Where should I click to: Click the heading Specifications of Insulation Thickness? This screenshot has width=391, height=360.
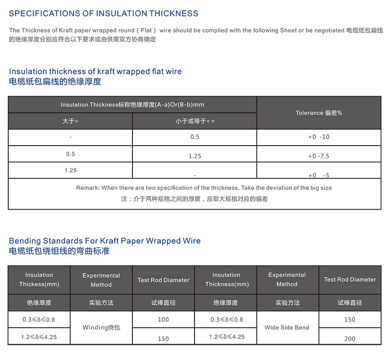pyautogui.click(x=104, y=14)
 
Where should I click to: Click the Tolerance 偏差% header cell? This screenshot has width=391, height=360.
pyautogui.click(x=319, y=113)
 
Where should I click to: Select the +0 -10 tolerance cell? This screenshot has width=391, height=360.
pyautogui.click(x=319, y=137)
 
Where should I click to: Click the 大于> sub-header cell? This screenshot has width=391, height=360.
pyautogui.click(x=70, y=121)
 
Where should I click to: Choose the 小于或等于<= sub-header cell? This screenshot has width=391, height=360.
pyautogui.click(x=195, y=121)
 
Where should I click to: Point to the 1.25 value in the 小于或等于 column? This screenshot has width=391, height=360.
pyautogui.click(x=195, y=156)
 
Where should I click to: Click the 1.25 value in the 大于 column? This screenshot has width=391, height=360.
pyautogui.click(x=70, y=170)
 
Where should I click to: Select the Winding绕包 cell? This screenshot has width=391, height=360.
pyautogui.click(x=101, y=327)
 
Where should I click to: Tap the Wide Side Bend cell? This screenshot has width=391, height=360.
pyautogui.click(x=287, y=327)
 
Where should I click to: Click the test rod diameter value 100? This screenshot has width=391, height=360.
pyautogui.click(x=163, y=319)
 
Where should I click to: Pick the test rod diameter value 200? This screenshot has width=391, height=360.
pyautogui.click(x=349, y=339)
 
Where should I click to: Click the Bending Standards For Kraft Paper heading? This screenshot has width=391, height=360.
pyautogui.click(x=105, y=241)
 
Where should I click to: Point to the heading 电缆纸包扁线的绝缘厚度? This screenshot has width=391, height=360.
pyautogui.click(x=55, y=82)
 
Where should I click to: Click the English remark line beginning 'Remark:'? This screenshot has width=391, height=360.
pyautogui.click(x=194, y=188)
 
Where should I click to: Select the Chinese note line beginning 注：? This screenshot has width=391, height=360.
pyautogui.click(x=194, y=199)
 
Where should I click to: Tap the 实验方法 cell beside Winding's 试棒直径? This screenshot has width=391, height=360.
pyautogui.click(x=101, y=303)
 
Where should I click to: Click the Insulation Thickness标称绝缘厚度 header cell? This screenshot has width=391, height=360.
pyautogui.click(x=132, y=105)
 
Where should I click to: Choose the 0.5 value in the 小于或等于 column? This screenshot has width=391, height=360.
pyautogui.click(x=195, y=137)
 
